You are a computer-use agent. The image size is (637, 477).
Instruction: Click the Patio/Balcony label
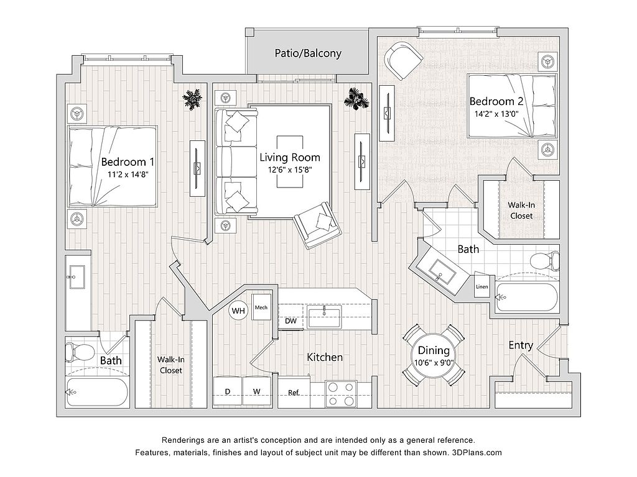point(308,53)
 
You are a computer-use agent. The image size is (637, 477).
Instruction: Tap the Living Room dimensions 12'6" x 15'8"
point(290,170)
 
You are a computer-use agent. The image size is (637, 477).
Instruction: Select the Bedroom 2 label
point(491,101)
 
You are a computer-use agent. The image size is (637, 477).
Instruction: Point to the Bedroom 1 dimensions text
point(128,175)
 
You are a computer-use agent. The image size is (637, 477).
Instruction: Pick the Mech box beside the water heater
point(261,307)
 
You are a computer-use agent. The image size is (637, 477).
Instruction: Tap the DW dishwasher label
point(290,322)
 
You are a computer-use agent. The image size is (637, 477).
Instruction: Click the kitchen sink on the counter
point(324,317)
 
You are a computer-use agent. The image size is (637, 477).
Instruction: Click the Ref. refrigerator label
point(294,393)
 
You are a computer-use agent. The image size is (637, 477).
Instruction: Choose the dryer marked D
point(228,391)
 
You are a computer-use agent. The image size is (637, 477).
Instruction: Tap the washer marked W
point(256,391)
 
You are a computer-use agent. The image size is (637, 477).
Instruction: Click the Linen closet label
point(481,287)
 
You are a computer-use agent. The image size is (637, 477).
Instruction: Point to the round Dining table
point(434,357)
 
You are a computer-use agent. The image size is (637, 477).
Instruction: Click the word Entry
point(520,345)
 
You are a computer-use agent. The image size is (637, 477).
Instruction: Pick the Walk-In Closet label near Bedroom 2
point(521,210)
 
